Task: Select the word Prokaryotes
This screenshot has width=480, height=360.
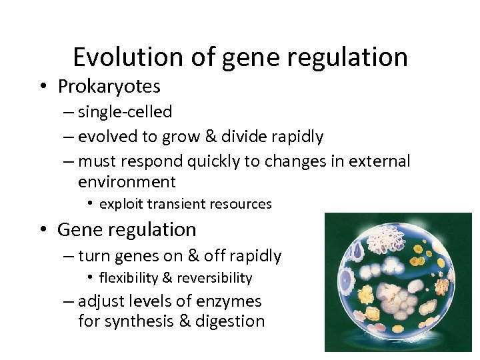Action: (x=109, y=87)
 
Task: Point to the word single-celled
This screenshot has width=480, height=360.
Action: (x=125, y=112)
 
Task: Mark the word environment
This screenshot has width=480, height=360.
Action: (x=127, y=182)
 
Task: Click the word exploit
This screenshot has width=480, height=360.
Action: (x=121, y=204)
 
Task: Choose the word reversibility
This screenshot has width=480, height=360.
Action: (x=215, y=278)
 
